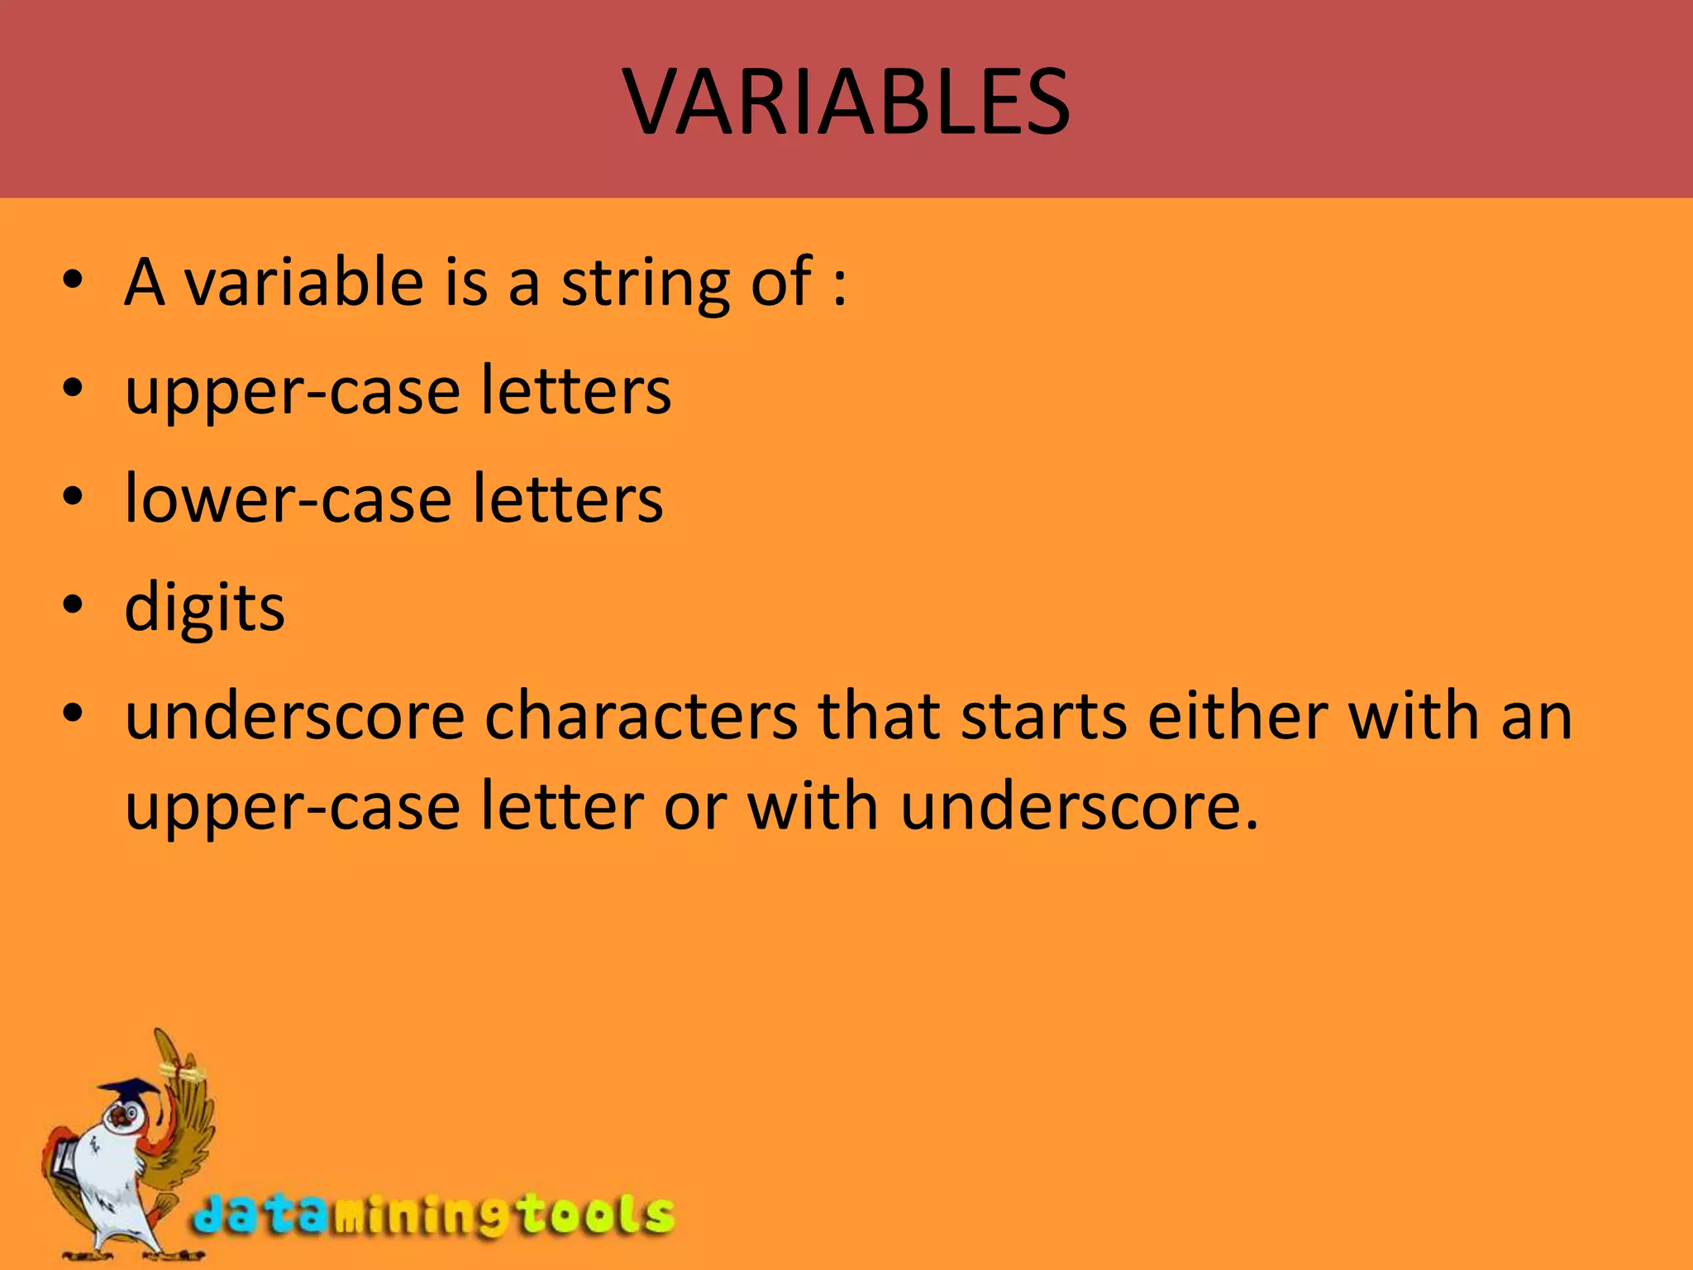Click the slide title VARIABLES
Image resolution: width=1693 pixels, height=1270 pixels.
coord(846,102)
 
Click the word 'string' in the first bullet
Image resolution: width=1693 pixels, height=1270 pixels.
coord(646,284)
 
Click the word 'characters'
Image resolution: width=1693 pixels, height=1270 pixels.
coord(641,716)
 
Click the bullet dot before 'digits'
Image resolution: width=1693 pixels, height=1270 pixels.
coord(73,604)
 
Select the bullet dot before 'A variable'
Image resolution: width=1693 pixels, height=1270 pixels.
coord(73,280)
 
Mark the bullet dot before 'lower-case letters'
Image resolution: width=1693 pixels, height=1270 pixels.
coord(73,496)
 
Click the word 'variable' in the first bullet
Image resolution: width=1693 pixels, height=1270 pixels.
coord(304,282)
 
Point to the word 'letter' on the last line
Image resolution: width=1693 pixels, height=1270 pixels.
coord(562,807)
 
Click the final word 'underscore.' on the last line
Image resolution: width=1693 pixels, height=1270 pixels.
coord(1079,807)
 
